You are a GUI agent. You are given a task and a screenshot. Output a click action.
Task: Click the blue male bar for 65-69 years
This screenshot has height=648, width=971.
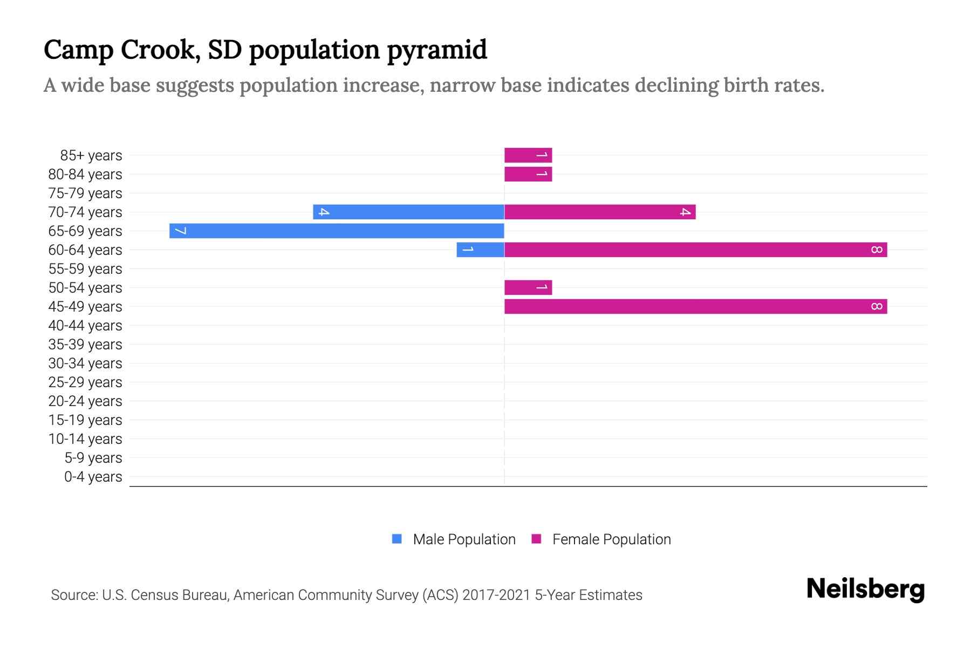337,231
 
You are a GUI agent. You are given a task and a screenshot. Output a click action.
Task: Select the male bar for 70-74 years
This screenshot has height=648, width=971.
408,212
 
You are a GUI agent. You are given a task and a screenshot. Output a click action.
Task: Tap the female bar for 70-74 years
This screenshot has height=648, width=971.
600,212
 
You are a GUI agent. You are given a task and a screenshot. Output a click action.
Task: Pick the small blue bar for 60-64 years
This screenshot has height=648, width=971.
480,249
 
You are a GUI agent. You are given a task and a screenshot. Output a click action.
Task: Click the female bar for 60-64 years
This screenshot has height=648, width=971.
695,249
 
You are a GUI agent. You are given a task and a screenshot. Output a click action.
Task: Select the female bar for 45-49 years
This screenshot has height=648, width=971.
695,306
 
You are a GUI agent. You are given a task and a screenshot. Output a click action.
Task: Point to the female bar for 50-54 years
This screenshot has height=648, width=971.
528,287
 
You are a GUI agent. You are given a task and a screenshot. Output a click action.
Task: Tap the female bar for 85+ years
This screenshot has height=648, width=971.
528,155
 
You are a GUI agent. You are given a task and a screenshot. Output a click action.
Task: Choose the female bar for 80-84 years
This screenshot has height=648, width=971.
528,174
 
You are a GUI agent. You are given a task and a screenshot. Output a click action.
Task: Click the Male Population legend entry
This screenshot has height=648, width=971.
463,539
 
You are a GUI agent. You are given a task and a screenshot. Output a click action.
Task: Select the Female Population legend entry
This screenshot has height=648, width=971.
611,539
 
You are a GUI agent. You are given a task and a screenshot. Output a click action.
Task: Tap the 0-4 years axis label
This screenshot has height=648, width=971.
93,476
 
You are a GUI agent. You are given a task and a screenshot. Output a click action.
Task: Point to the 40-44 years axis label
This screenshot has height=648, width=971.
85,325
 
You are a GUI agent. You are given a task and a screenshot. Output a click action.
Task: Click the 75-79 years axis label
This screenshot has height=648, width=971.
85,193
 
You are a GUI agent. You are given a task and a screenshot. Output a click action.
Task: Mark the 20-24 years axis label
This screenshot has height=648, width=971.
85,401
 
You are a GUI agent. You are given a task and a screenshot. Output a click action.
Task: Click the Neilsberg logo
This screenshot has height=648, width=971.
865,589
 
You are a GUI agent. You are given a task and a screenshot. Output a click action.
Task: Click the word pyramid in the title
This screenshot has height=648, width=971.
437,50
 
